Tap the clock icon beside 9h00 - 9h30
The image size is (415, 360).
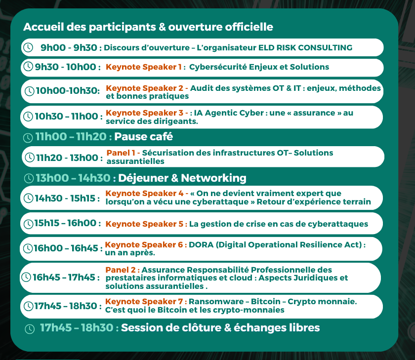[28, 47]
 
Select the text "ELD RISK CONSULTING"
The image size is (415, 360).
[305, 47]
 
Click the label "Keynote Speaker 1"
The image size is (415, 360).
[144, 67]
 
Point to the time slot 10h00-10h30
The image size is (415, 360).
[68, 91]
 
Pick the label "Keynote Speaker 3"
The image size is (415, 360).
[144, 113]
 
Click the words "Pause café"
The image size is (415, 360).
[143, 136]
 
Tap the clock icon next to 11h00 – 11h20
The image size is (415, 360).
[28, 138]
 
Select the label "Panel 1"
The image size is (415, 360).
[121, 153]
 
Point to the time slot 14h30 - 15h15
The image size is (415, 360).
[65, 198]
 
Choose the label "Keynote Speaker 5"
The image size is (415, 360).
[144, 224]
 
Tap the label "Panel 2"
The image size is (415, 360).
[121, 270]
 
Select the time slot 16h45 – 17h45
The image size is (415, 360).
[64, 278]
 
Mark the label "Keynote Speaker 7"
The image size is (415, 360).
[144, 302]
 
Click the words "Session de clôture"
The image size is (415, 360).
[171, 328]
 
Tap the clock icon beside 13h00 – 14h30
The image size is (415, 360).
[29, 178]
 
